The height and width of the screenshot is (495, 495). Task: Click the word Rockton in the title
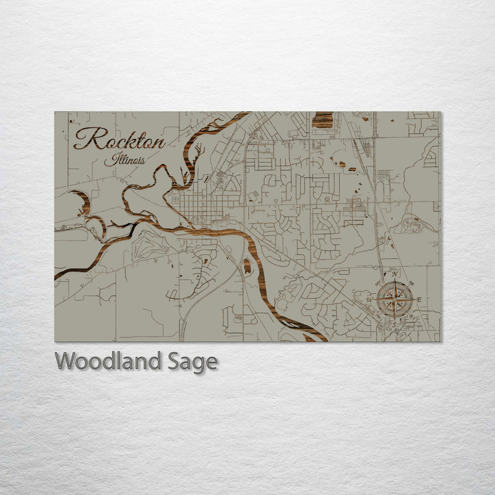(x=119, y=139)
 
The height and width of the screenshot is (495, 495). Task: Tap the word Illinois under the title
(x=126, y=160)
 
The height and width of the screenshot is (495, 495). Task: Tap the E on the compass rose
(x=419, y=300)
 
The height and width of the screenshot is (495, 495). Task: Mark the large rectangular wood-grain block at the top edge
(x=322, y=119)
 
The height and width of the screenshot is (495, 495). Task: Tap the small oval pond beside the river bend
(x=247, y=267)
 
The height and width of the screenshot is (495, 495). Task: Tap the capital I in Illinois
(x=108, y=158)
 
